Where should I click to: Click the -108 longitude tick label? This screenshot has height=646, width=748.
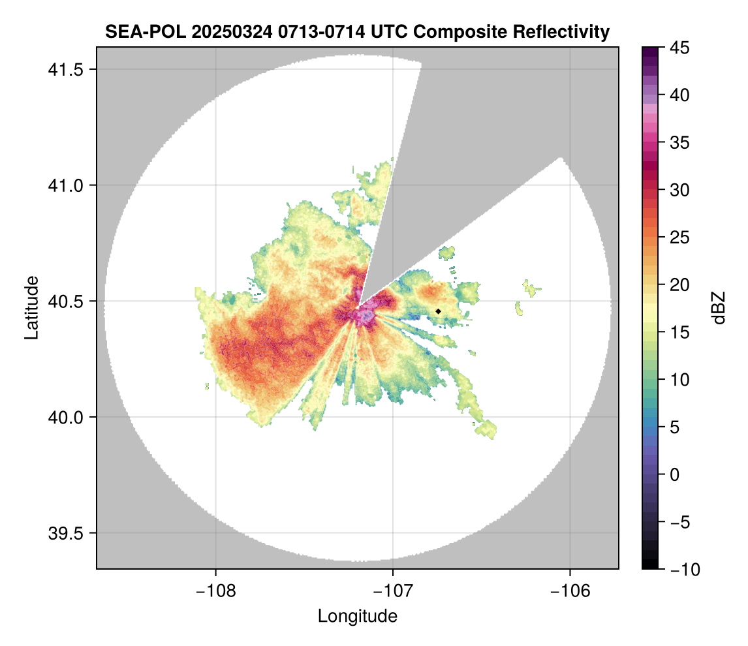(x=215, y=591)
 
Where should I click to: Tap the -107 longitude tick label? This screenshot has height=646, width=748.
(x=393, y=591)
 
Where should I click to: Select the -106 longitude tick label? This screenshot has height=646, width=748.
(x=570, y=591)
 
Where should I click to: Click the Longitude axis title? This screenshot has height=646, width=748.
(x=357, y=616)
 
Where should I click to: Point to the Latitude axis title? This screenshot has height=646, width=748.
(x=31, y=307)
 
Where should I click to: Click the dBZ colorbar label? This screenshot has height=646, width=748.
(x=719, y=308)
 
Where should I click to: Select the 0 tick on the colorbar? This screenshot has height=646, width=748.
(x=676, y=474)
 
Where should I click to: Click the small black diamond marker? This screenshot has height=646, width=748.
(x=438, y=311)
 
